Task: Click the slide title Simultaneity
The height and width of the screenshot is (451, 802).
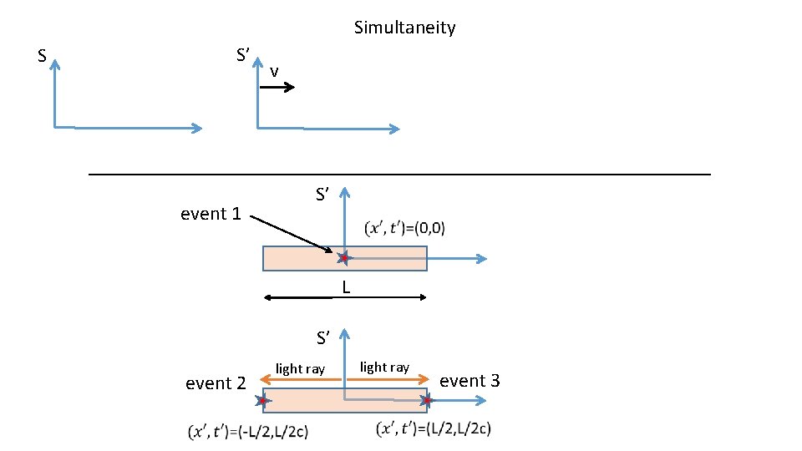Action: pyautogui.click(x=404, y=28)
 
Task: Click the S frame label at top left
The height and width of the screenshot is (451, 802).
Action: pyautogui.click(x=42, y=57)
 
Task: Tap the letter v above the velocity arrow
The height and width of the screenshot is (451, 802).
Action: pyautogui.click(x=274, y=73)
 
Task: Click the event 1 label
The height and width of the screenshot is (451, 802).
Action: pyautogui.click(x=211, y=214)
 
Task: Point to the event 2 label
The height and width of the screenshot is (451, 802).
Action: pyautogui.click(x=216, y=383)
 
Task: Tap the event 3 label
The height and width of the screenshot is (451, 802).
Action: pyautogui.click(x=470, y=381)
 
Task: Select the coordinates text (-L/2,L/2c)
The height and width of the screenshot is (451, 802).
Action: pyautogui.click(x=248, y=433)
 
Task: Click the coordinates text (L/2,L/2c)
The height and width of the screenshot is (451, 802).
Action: pyautogui.click(x=434, y=428)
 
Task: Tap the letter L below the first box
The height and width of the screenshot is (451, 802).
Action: pyautogui.click(x=345, y=288)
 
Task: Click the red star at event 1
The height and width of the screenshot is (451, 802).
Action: pyautogui.click(x=343, y=258)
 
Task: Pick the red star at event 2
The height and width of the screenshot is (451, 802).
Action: pyautogui.click(x=263, y=402)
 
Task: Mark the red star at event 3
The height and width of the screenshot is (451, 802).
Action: pyautogui.click(x=426, y=401)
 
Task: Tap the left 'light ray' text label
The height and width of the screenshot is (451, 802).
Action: pyautogui.click(x=300, y=368)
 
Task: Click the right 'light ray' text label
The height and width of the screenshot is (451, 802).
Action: pyautogui.click(x=384, y=367)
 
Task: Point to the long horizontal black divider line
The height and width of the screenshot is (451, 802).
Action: pyautogui.click(x=399, y=174)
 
